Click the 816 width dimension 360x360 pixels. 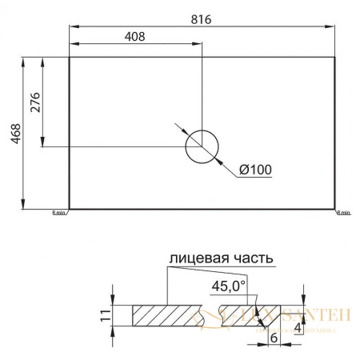tap(202, 19)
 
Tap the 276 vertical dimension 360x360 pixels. tap(34, 102)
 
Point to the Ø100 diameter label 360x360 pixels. tap(256, 170)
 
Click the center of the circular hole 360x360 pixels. tap(201, 146)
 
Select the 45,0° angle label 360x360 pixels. tap(230, 286)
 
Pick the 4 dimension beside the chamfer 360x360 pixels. tap(298, 327)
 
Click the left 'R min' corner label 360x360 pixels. tap(60, 213)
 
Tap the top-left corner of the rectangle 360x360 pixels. tap(70, 57)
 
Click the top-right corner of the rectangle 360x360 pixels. tap(334, 57)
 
